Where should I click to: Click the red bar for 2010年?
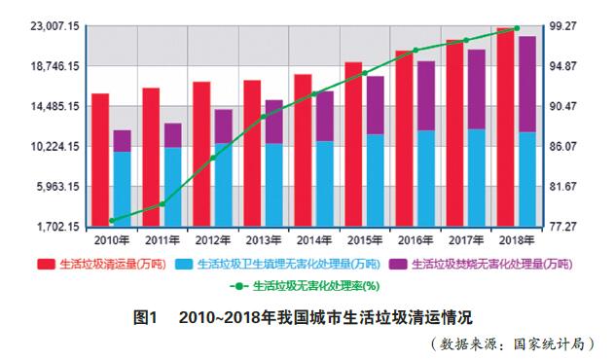tap(100, 160)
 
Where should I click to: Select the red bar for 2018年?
tap(504, 126)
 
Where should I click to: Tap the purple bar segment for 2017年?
tap(476, 89)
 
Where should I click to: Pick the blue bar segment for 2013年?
tap(273, 185)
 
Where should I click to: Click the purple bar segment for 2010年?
tap(122, 141)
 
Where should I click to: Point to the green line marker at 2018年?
tap(516, 29)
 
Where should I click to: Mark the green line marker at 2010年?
tap(112, 221)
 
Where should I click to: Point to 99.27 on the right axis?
tap(568, 26)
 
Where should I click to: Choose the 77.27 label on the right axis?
tap(568, 227)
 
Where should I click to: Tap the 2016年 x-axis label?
tap(415, 239)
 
